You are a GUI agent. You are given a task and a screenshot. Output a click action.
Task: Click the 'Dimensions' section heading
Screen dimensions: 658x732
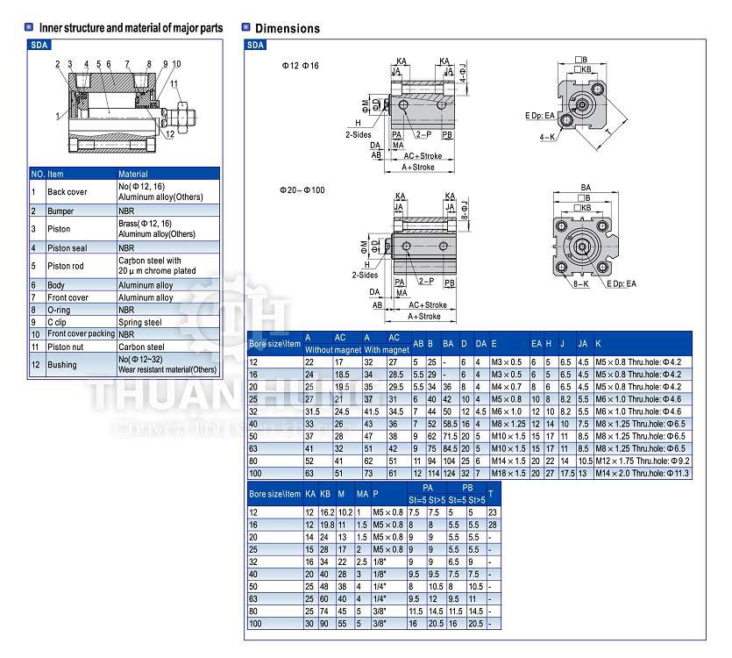287,28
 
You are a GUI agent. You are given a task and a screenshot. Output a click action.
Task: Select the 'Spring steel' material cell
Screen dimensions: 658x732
141,322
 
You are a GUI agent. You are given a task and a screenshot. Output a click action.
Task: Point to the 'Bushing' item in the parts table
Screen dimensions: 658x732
62,364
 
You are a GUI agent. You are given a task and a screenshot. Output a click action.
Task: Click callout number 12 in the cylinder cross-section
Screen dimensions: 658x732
170,134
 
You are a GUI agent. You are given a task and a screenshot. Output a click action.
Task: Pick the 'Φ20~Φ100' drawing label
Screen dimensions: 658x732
302,190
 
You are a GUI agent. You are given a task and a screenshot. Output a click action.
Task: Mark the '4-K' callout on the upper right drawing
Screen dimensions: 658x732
546,137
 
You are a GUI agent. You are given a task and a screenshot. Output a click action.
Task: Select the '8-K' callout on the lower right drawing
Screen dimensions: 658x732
580,283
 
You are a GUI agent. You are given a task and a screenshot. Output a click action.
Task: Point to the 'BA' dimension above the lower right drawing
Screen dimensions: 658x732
586,187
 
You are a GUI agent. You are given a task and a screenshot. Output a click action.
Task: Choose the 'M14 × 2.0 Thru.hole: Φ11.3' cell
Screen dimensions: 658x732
643,472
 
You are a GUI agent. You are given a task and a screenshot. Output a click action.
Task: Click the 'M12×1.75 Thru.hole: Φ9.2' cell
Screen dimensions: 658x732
643,460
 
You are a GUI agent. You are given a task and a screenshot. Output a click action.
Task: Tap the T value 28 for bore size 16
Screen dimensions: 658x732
493,523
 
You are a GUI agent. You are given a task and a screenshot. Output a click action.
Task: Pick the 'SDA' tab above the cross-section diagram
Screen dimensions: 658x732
40,44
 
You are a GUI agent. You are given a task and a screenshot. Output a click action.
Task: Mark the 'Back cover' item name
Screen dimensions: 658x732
67,191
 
